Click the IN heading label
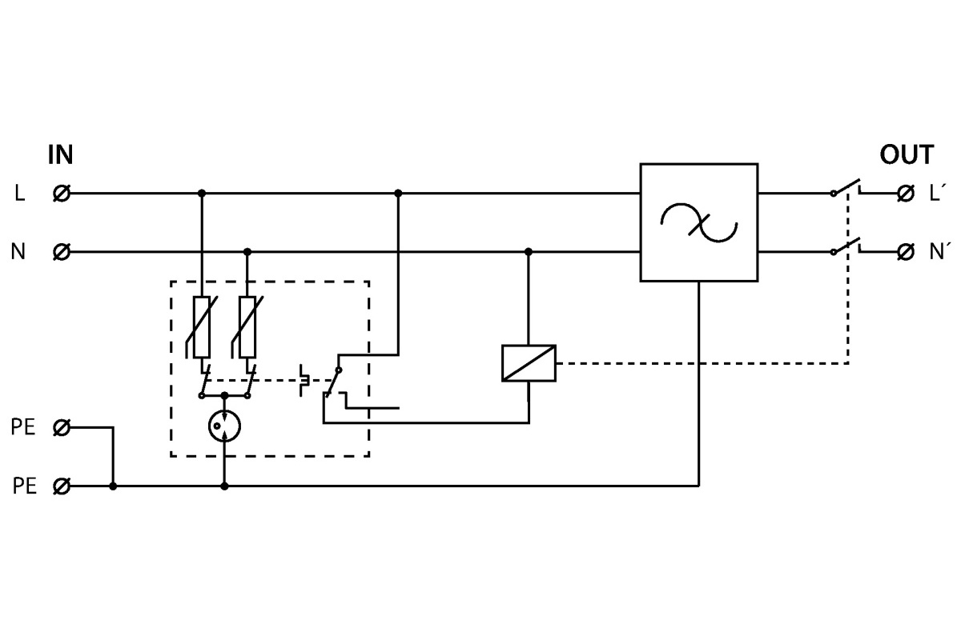coord(61,155)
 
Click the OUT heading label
coord(907,155)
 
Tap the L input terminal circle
coord(60,193)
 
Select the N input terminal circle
coord(60,252)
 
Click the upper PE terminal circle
coord(60,428)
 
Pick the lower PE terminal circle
coord(60,486)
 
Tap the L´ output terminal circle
coord(906,193)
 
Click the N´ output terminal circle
coord(906,252)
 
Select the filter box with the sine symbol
coord(698,222)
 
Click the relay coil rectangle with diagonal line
coord(529,362)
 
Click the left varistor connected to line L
coord(201,326)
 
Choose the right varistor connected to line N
coord(247,326)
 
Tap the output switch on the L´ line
coord(846,188)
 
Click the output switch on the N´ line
coord(846,247)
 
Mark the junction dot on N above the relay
coord(529,252)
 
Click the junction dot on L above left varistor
coord(201,193)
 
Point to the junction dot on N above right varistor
coord(247,252)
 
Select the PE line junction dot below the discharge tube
coord(224,486)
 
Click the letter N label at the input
coord(18,252)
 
